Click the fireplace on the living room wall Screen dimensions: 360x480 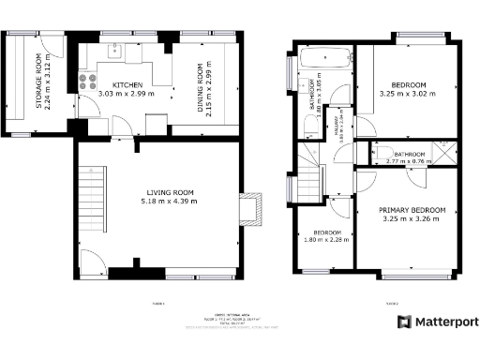point(252,210)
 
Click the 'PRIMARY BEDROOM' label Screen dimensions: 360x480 point(412,210)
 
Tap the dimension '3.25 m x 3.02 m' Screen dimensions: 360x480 point(408,93)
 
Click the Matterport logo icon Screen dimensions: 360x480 point(403,322)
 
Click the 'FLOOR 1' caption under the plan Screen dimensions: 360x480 point(157,303)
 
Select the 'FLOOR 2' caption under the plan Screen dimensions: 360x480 point(391,303)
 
